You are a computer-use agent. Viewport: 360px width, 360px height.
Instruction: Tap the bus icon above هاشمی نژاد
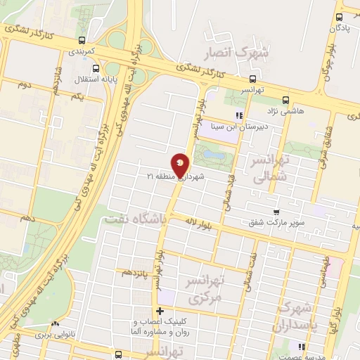coord(285,99)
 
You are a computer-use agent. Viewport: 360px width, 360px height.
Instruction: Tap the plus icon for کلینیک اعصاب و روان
coord(160,311)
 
